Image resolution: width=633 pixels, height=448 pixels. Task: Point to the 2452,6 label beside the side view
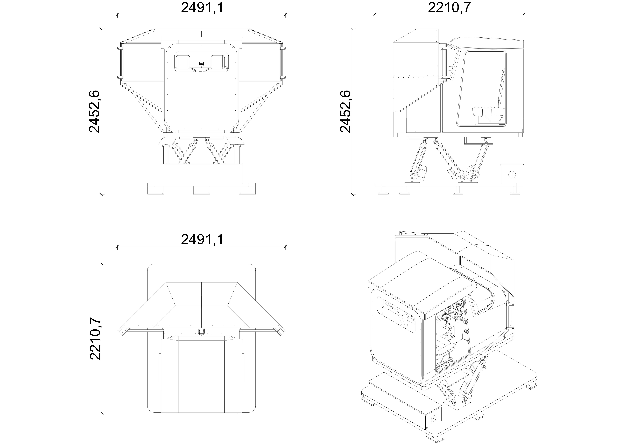click(346, 111)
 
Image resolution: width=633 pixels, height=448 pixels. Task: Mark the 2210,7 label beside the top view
click(95, 339)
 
